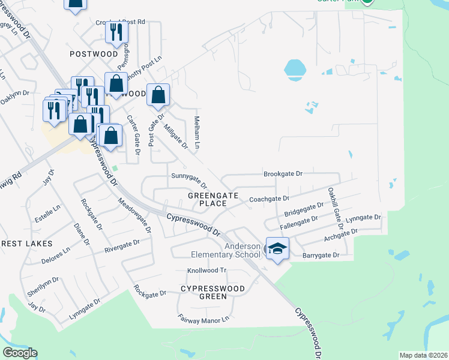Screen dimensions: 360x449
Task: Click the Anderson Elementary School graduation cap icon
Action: coord(277,249)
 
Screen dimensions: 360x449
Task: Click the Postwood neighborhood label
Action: coord(94,54)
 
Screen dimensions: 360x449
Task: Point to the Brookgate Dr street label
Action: coord(283,174)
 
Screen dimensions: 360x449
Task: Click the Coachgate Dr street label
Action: coord(269,199)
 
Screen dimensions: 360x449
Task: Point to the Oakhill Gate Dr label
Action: coord(334,205)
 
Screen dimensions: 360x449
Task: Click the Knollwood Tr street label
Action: coord(206,271)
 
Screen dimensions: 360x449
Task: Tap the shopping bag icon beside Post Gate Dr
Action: coord(158,95)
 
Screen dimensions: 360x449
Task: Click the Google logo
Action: coord(20,353)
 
